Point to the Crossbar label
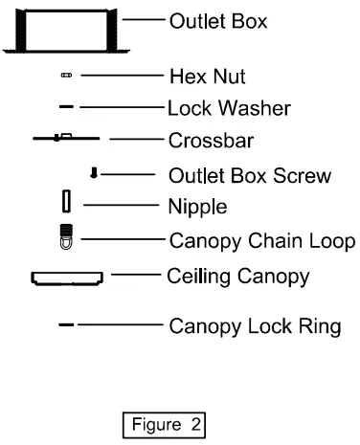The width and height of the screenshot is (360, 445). coord(204,140)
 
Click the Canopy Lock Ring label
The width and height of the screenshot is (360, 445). coord(255,326)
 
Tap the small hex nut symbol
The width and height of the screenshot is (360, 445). coord(66,73)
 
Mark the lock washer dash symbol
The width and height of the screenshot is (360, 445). coord(66,107)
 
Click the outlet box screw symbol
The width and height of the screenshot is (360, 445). coord(94,173)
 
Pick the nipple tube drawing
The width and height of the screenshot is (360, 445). coord(66,201)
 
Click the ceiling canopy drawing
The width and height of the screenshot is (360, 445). coord(66,278)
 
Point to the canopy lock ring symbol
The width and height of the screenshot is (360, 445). coord(66,325)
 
